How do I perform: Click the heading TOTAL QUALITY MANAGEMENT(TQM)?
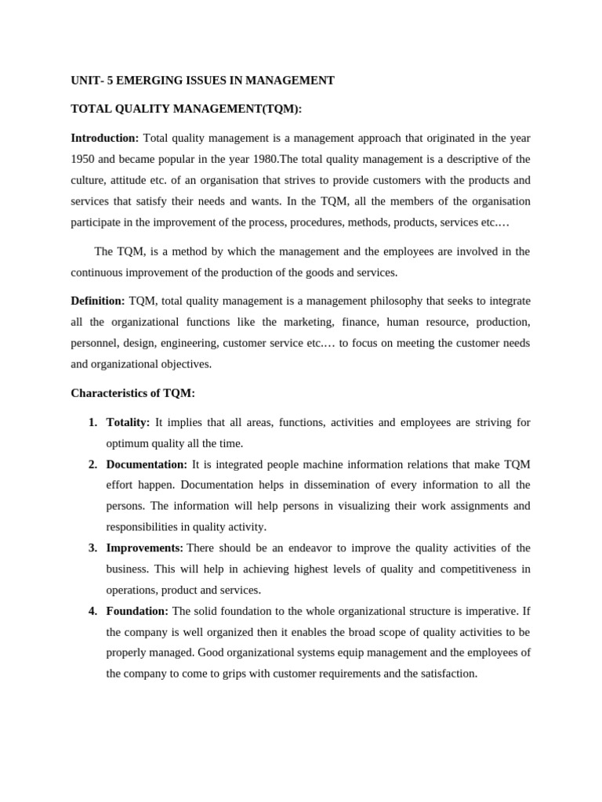coord(186,109)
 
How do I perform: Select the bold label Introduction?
coord(104,138)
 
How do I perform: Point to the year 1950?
coord(83,159)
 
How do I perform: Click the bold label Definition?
coord(97,301)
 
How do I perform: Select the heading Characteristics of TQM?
coord(132,392)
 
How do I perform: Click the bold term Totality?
coord(128,422)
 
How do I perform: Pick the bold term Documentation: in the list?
coord(147,464)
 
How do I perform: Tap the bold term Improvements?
coord(144,547)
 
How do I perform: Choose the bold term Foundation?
coord(137,610)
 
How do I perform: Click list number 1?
coord(92,422)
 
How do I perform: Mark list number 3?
coord(92,547)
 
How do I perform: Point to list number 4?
coord(92,610)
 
